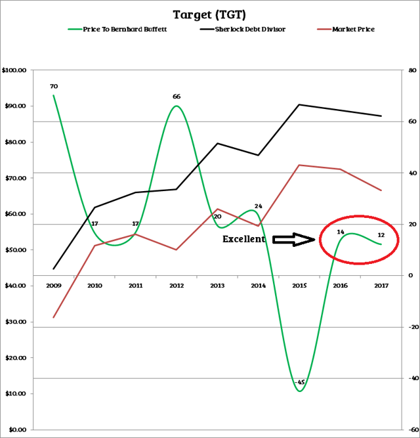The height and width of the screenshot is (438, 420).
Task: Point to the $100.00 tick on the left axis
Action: point(14,70)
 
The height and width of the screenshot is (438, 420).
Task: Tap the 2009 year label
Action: point(53,286)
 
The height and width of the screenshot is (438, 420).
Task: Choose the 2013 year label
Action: point(217,286)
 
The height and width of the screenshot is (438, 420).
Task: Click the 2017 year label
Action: point(381,286)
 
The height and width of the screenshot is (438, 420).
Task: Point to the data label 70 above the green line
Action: point(53,86)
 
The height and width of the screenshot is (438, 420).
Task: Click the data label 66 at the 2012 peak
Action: point(176,97)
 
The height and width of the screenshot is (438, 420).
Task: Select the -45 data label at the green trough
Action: point(300,382)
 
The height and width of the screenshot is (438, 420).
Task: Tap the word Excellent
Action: point(244,240)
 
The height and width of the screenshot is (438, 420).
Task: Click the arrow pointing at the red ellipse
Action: point(294,240)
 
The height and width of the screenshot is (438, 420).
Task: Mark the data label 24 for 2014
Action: point(258,206)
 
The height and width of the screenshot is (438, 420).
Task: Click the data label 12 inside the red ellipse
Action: point(381,235)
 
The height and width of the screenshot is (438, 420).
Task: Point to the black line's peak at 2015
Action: point(299,104)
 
